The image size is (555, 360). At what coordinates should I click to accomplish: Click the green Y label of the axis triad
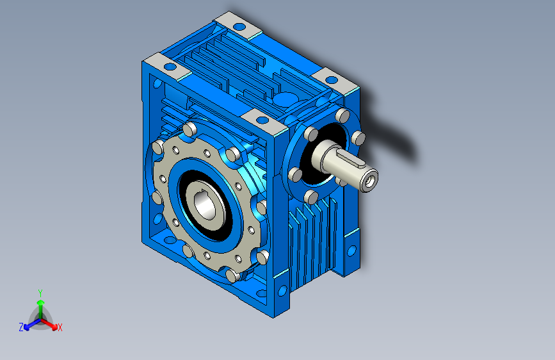click(x=40, y=293)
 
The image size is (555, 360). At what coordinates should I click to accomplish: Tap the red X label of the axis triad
click(x=60, y=327)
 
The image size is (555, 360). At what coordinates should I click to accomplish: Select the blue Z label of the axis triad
click(x=21, y=327)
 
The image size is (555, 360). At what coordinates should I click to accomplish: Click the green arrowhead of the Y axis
click(x=41, y=302)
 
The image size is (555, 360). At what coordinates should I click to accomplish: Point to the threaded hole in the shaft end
click(x=369, y=181)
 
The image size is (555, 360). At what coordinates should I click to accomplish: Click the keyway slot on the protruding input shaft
click(x=351, y=158)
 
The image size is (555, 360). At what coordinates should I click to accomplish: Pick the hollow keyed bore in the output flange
click(x=204, y=206)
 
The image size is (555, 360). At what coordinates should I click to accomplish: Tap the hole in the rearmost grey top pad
click(x=239, y=26)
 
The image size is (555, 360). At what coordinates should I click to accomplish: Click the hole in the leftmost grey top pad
click(x=170, y=66)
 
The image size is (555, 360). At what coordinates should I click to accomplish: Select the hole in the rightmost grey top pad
click(x=332, y=80)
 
